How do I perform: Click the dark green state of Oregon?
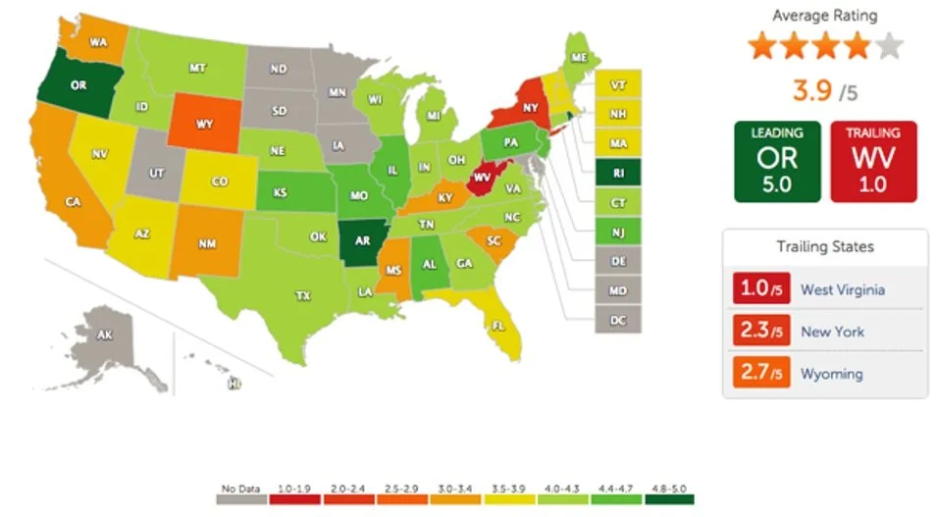(78, 85)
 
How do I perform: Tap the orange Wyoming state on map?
(204, 125)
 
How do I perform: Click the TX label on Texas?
(303, 294)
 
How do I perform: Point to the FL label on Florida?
(497, 325)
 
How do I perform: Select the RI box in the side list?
(617, 173)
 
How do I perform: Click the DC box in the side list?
(617, 319)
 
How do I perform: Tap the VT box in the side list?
(617, 85)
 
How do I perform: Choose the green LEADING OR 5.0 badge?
(776, 162)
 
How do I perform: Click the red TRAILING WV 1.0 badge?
(873, 162)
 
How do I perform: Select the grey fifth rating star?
(888, 46)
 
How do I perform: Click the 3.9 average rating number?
(811, 91)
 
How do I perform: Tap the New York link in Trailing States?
(832, 332)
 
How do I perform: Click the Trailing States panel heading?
(824, 246)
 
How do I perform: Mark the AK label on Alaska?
(105, 336)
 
